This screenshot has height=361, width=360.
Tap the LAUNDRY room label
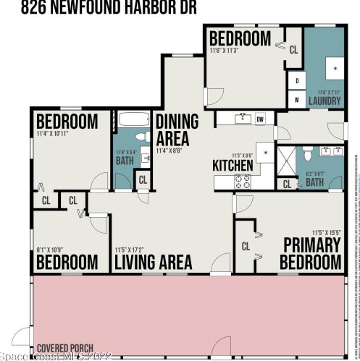(x=325, y=101)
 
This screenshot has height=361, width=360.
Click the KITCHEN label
(x=233, y=166)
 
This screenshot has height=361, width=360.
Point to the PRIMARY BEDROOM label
(x=311, y=252)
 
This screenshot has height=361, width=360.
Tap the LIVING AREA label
(x=153, y=261)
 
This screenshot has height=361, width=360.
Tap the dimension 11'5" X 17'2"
(x=133, y=250)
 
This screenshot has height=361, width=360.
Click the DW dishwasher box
(x=261, y=118)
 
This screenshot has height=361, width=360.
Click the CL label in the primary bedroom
(x=246, y=246)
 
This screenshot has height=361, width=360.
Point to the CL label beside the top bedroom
(x=293, y=50)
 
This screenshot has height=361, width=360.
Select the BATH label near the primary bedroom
(x=314, y=183)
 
